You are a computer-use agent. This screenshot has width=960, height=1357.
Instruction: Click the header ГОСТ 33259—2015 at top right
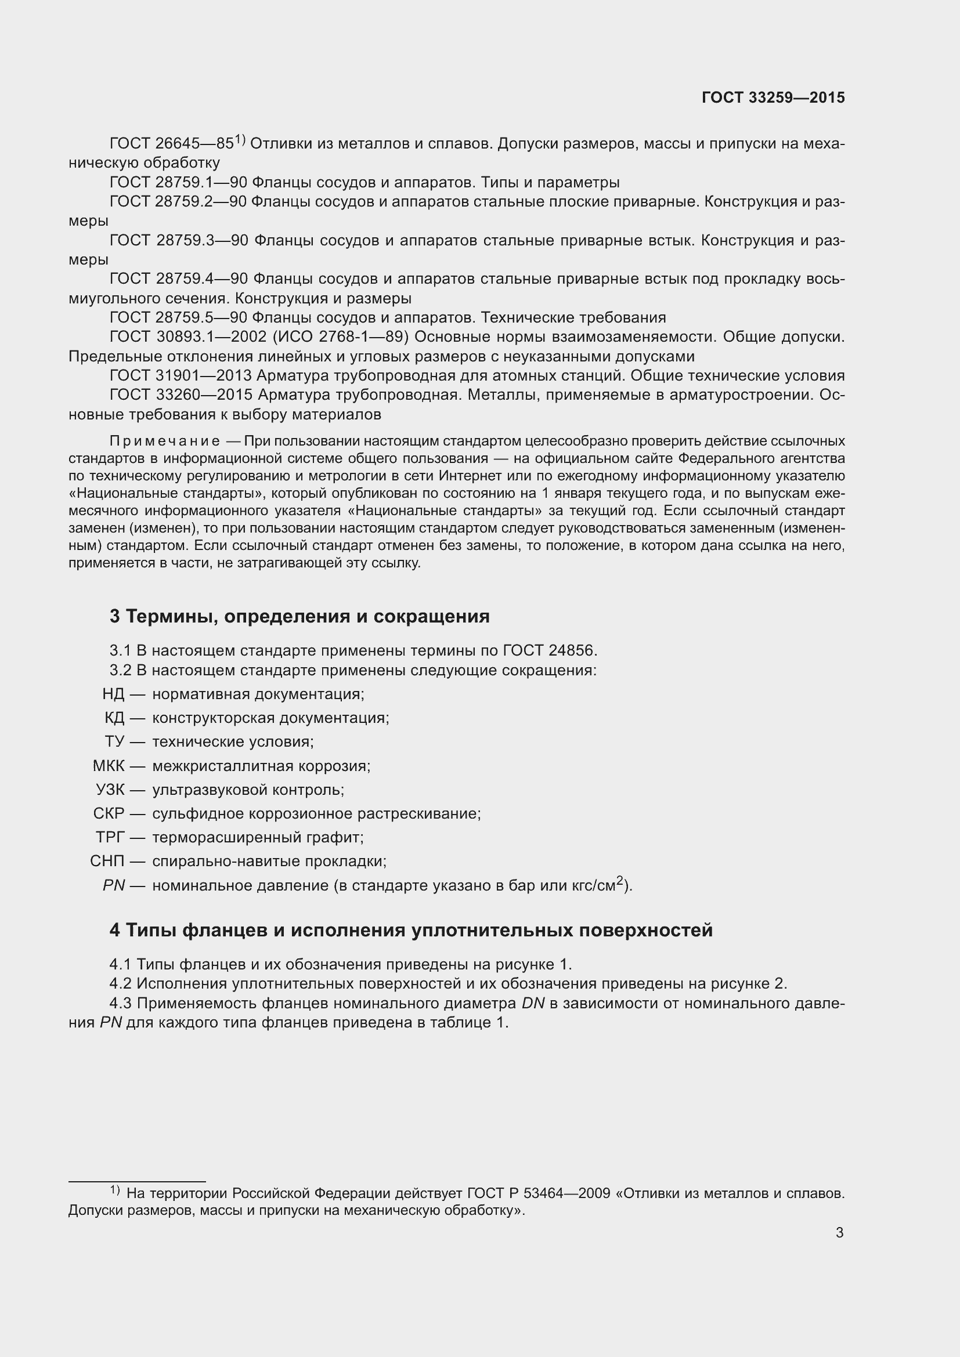tap(773, 98)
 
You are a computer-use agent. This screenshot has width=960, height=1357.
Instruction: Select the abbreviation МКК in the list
tap(109, 766)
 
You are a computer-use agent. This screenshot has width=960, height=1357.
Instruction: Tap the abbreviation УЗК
tap(110, 790)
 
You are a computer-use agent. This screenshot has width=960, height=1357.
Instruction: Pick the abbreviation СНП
tap(107, 861)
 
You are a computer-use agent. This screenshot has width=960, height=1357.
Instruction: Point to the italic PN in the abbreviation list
tap(114, 885)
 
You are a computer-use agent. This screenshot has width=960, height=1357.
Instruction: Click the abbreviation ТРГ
tap(110, 838)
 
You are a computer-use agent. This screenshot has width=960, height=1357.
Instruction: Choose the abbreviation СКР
tap(109, 814)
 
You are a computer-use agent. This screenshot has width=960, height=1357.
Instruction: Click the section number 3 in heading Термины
tap(115, 617)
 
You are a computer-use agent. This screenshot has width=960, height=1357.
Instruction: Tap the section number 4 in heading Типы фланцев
tap(115, 930)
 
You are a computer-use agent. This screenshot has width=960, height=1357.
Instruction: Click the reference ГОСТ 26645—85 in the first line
tap(171, 144)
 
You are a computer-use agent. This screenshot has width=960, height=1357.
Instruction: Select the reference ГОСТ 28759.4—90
tap(179, 279)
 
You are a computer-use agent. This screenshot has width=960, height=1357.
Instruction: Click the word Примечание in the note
tap(164, 442)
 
